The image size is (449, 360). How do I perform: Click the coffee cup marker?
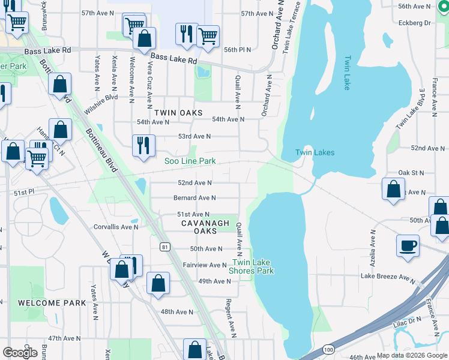408,245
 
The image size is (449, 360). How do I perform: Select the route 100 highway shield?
328,349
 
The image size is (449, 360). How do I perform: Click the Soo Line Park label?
190,161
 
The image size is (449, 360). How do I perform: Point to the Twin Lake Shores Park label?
253,266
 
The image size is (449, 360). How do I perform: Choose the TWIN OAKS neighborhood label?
178,112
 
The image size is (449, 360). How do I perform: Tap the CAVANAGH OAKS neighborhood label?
206,226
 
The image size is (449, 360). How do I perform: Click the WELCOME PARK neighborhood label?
52,303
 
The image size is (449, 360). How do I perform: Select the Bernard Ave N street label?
194,197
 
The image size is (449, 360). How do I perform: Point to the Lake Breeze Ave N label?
388,277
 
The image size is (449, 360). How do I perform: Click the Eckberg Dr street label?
415,23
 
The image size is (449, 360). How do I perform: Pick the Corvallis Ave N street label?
116,227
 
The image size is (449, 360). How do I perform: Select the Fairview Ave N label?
203,265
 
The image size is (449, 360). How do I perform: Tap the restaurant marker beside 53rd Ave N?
143,145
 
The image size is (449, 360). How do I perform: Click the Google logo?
20,352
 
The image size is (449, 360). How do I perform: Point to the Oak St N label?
411,172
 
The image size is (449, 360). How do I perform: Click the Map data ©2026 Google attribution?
411,355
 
